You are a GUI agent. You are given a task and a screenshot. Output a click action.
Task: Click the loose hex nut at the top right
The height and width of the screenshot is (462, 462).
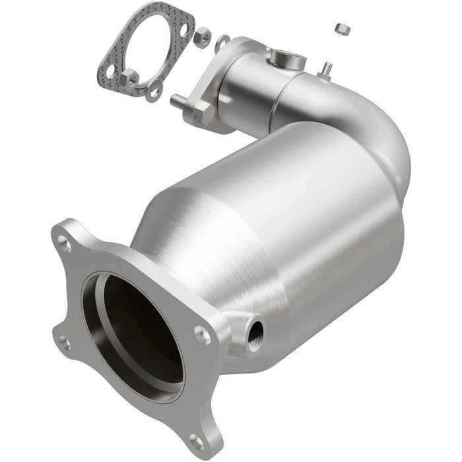[341, 28]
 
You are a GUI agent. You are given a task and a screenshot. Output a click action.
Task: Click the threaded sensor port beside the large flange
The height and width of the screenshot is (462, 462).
[253, 327]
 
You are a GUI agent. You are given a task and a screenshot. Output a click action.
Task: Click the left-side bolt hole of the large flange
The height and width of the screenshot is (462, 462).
[64, 342]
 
